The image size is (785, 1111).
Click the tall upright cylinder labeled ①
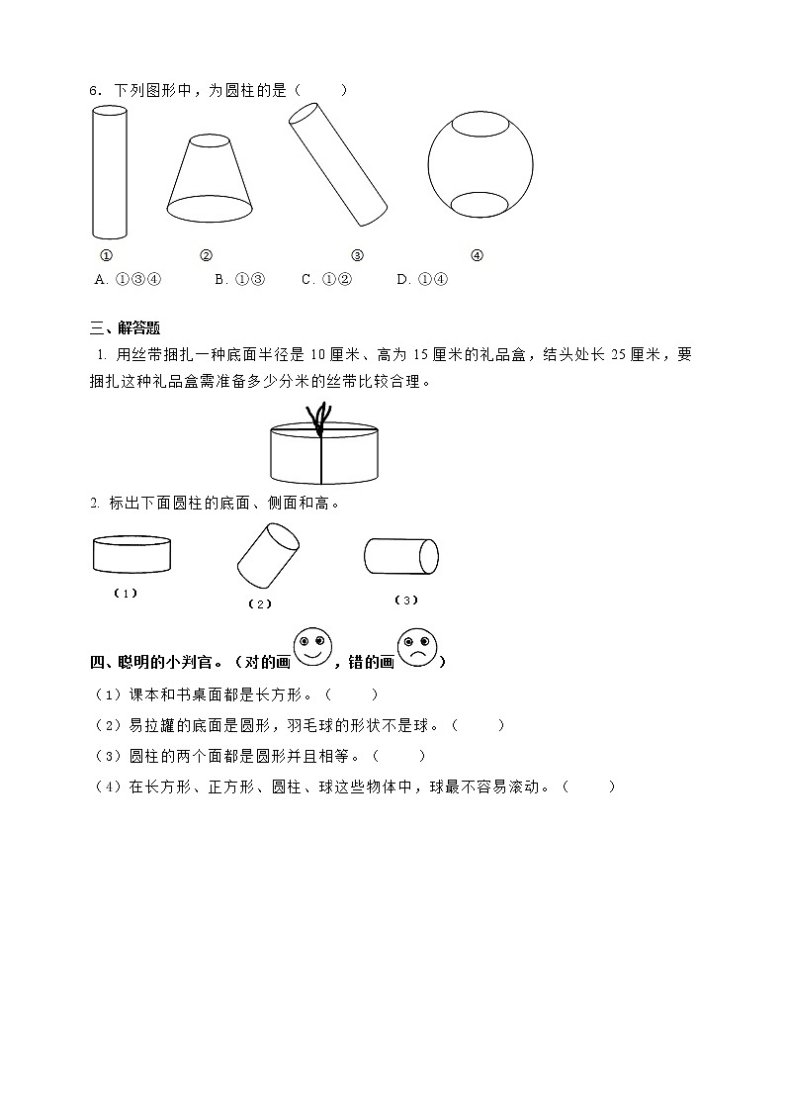[110, 172]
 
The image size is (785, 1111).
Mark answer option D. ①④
[422, 279]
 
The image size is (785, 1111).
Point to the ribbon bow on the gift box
[320, 416]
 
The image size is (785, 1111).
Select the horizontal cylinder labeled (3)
[401, 555]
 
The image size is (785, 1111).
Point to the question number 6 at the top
[92, 91]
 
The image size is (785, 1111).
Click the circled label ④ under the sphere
[477, 255]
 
